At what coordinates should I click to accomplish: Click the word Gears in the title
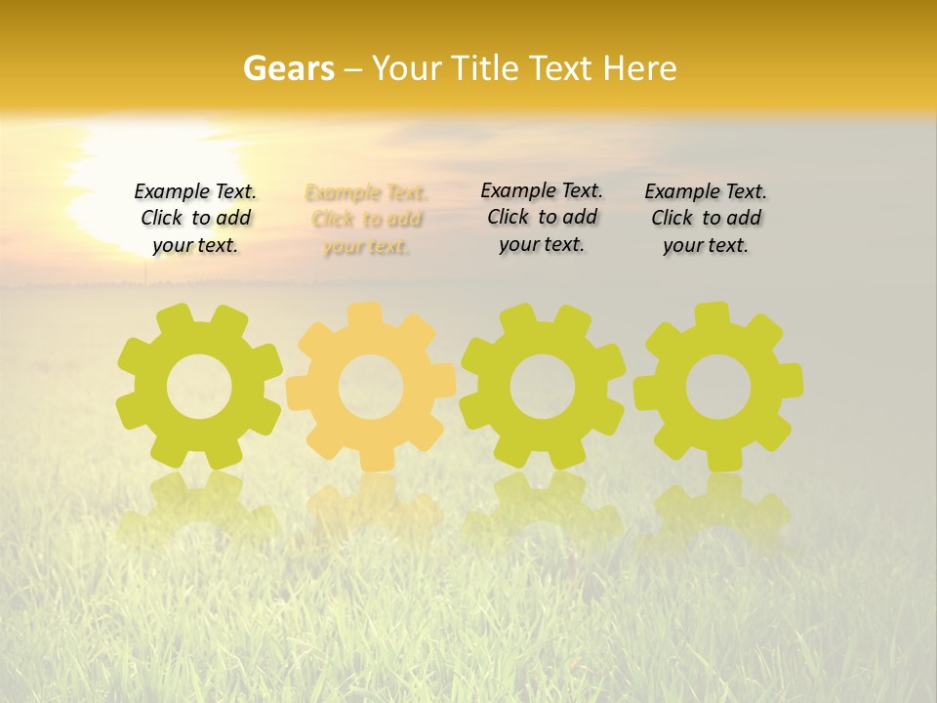[288, 68]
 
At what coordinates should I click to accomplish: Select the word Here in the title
[639, 68]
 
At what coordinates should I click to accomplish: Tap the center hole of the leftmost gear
[199, 387]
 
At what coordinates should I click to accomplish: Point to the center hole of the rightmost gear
[718, 387]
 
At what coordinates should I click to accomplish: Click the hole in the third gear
[543, 387]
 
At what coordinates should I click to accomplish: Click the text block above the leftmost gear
[195, 219]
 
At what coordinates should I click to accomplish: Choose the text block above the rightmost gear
[706, 219]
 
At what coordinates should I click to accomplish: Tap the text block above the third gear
[542, 218]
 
